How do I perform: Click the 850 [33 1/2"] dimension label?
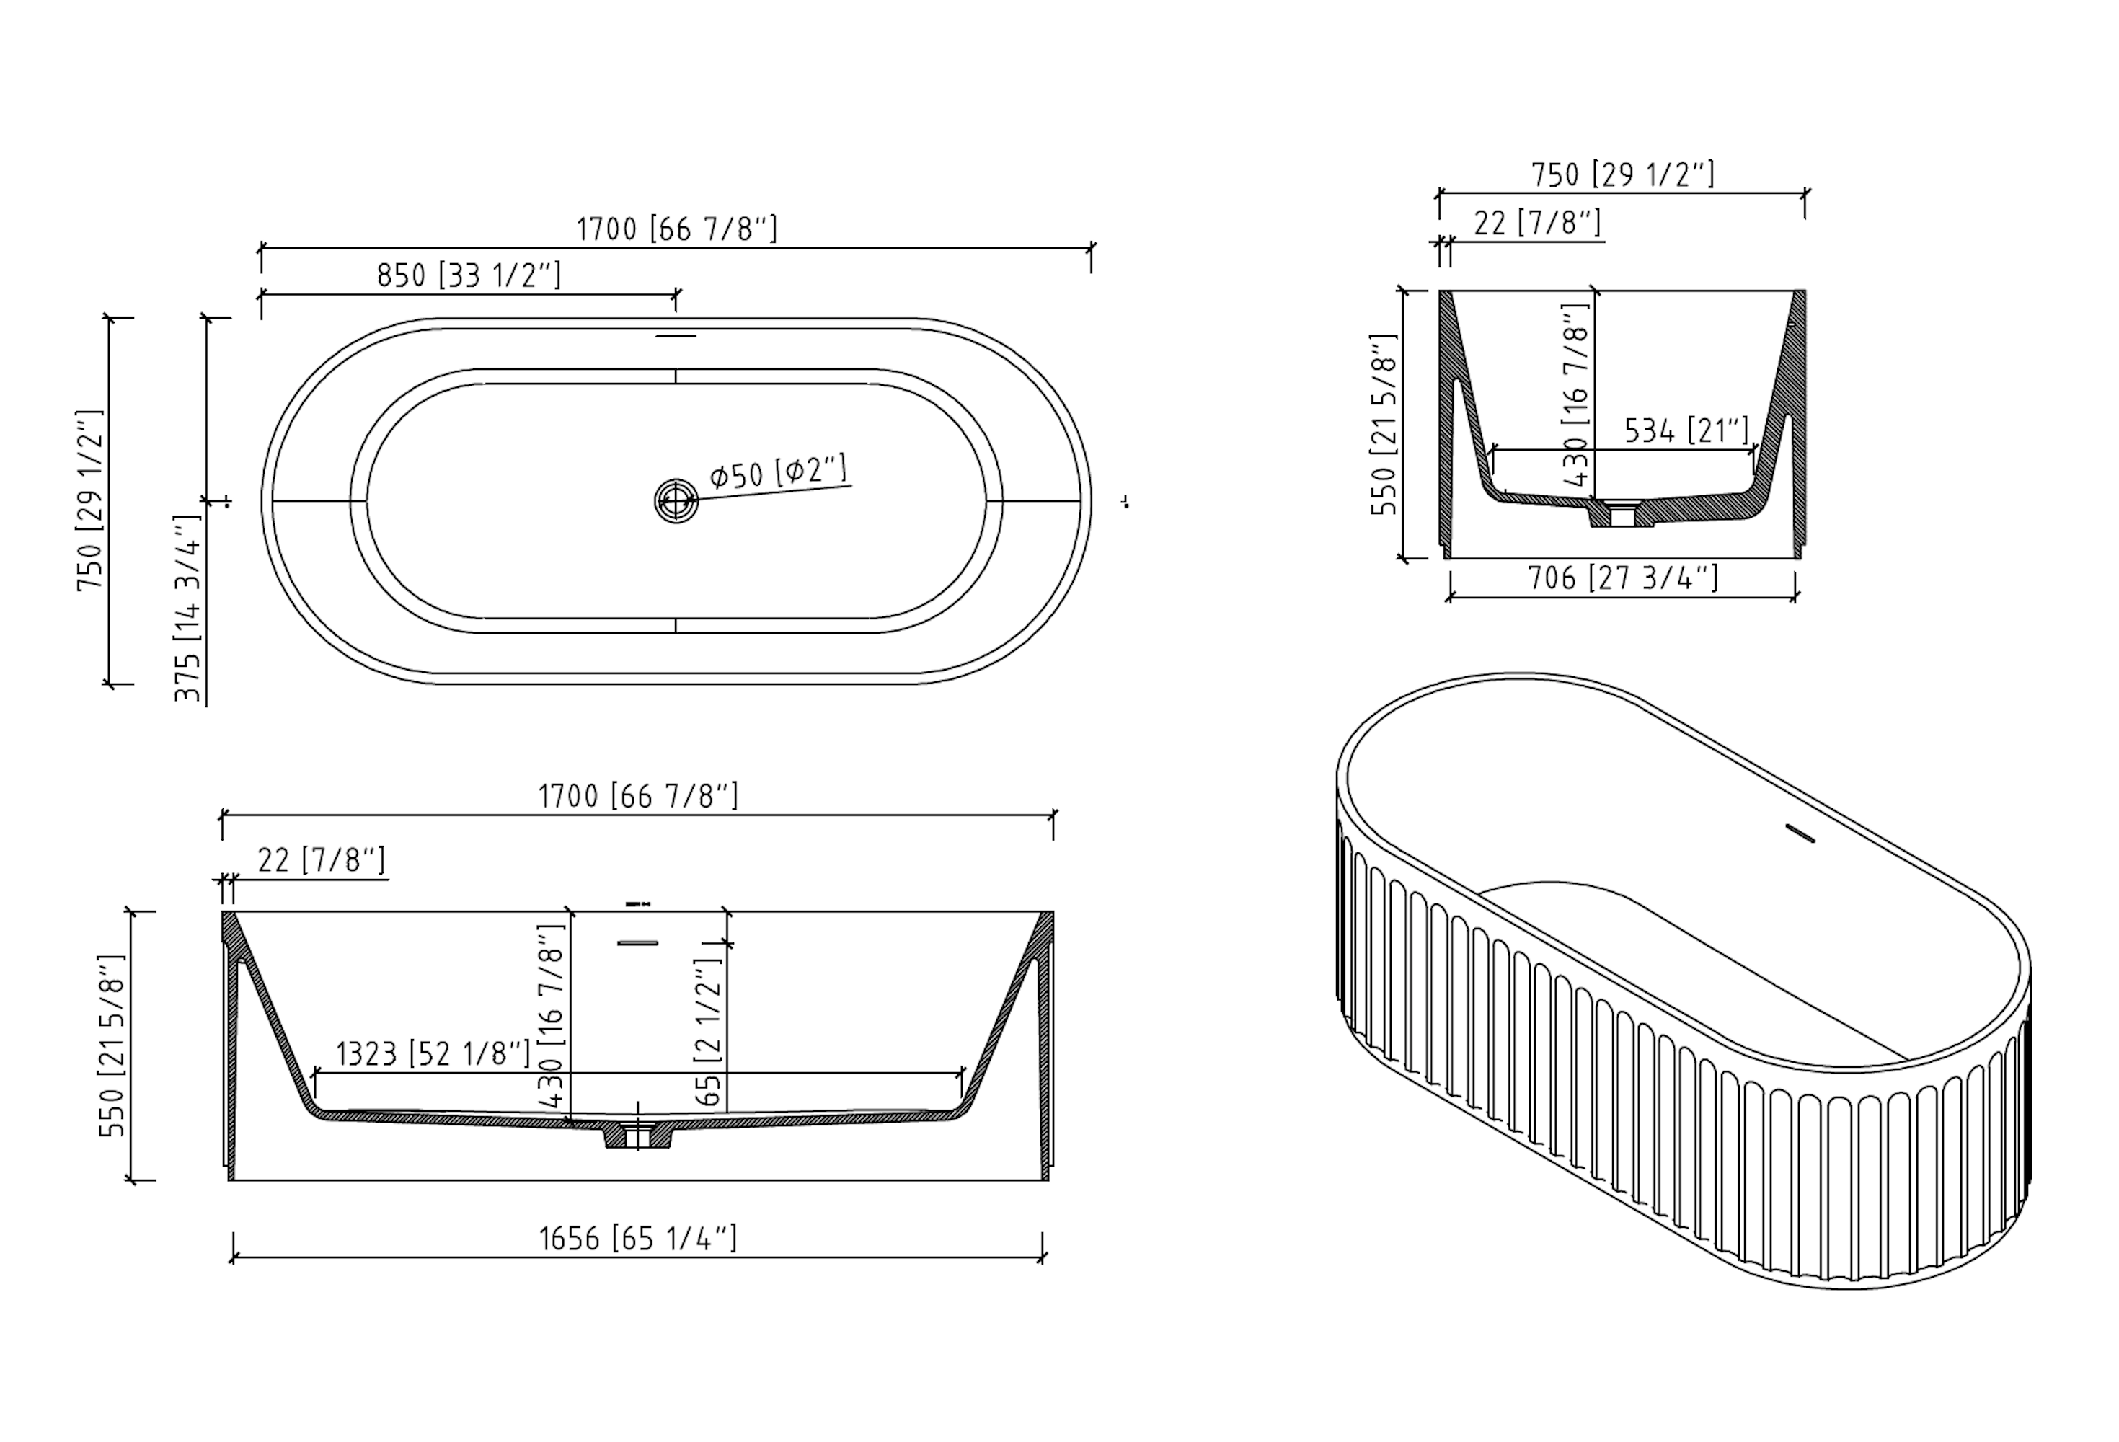pos(469,275)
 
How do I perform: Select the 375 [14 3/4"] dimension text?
pos(188,608)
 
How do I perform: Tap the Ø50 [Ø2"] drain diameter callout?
pos(779,472)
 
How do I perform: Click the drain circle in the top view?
pos(676,500)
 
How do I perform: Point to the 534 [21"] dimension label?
pos(1687,430)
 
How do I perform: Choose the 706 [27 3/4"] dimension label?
pos(1623,578)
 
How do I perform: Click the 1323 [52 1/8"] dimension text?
pos(432,1053)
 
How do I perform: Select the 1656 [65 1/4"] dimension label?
pos(637,1239)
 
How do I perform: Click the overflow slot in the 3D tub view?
pos(1800,833)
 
